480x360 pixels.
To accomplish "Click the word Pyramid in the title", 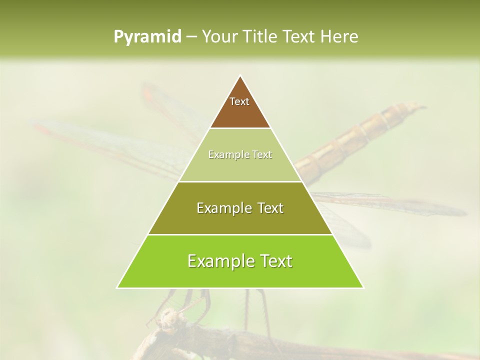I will (x=147, y=37).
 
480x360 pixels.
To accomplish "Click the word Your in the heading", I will (x=218, y=37).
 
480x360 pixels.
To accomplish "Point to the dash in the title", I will (x=191, y=37).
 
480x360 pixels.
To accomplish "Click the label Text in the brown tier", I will (x=239, y=101).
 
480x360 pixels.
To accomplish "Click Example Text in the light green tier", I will (x=240, y=154).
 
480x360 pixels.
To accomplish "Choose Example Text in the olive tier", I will (x=240, y=208).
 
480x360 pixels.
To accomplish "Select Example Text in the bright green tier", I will (x=240, y=261).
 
